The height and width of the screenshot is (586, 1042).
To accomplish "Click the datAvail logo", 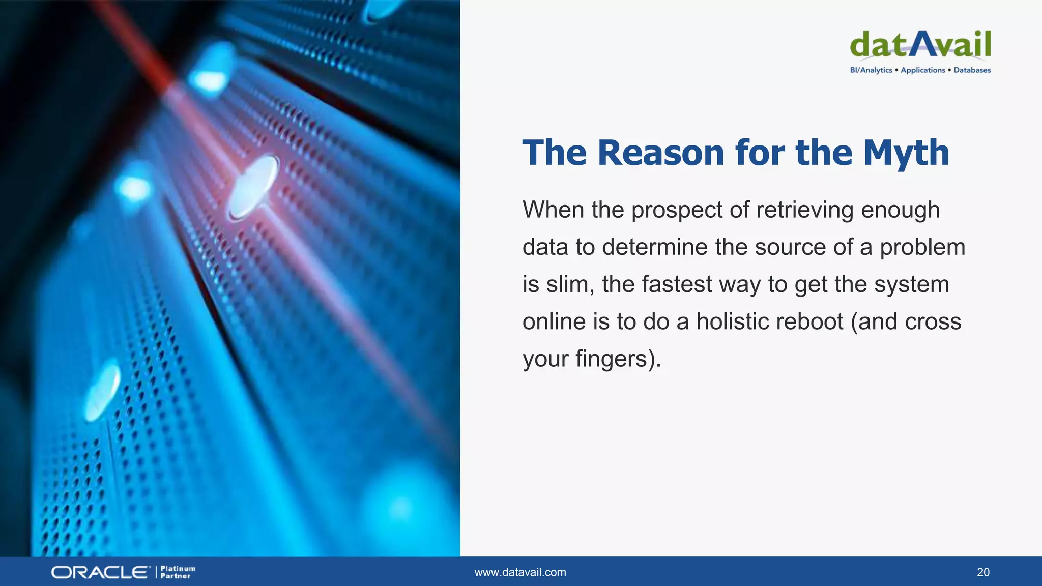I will pyautogui.click(x=920, y=44).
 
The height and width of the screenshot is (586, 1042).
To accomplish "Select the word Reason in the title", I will pyautogui.click(x=660, y=153).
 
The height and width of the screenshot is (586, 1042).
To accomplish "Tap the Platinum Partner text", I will pyautogui.click(x=178, y=572).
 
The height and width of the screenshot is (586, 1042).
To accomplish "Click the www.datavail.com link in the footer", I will pyautogui.click(x=520, y=572).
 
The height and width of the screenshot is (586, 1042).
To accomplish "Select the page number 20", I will pyautogui.click(x=983, y=572).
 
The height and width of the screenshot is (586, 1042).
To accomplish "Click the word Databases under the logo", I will pyautogui.click(x=972, y=70).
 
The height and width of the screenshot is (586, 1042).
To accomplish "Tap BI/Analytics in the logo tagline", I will pyautogui.click(x=871, y=70).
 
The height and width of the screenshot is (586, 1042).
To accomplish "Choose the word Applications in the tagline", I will pyautogui.click(x=922, y=70).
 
